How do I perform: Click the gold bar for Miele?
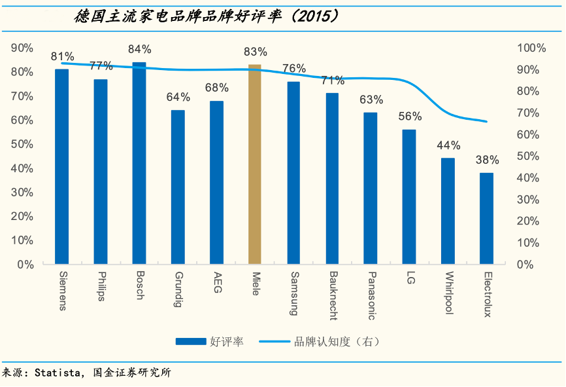[x=254, y=164]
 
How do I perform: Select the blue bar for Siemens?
[x=61, y=166]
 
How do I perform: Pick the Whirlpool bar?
[x=448, y=211]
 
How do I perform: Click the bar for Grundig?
[x=178, y=187]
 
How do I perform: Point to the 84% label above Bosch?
[x=139, y=49]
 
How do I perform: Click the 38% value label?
[x=487, y=160]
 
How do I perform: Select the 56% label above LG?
[x=410, y=117]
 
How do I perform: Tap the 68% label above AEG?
[x=216, y=88]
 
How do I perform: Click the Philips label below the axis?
[x=100, y=286]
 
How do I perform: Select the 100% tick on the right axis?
[x=531, y=48]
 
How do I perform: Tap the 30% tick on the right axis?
[x=529, y=199]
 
